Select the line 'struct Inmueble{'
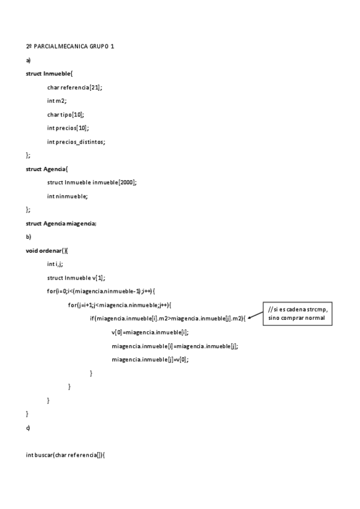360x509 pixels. tap(49, 73)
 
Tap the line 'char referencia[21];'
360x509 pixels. tap(74, 87)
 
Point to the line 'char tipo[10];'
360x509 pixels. tap(65, 114)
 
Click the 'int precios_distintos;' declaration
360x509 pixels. tap(76, 142)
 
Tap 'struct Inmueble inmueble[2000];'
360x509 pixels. tap(92, 182)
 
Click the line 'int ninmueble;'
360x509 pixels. tap(67, 196)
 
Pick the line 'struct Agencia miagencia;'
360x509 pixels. tap(61, 223)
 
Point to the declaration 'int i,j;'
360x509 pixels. tap(56, 264)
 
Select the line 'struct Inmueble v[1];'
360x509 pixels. tap(76, 278)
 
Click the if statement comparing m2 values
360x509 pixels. tap(168, 318)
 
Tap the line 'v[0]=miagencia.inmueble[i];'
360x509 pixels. tap(150, 332)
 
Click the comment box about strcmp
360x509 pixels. tap(297, 313)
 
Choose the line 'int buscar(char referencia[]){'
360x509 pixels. tap(65, 455)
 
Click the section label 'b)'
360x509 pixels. tap(28, 236)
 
